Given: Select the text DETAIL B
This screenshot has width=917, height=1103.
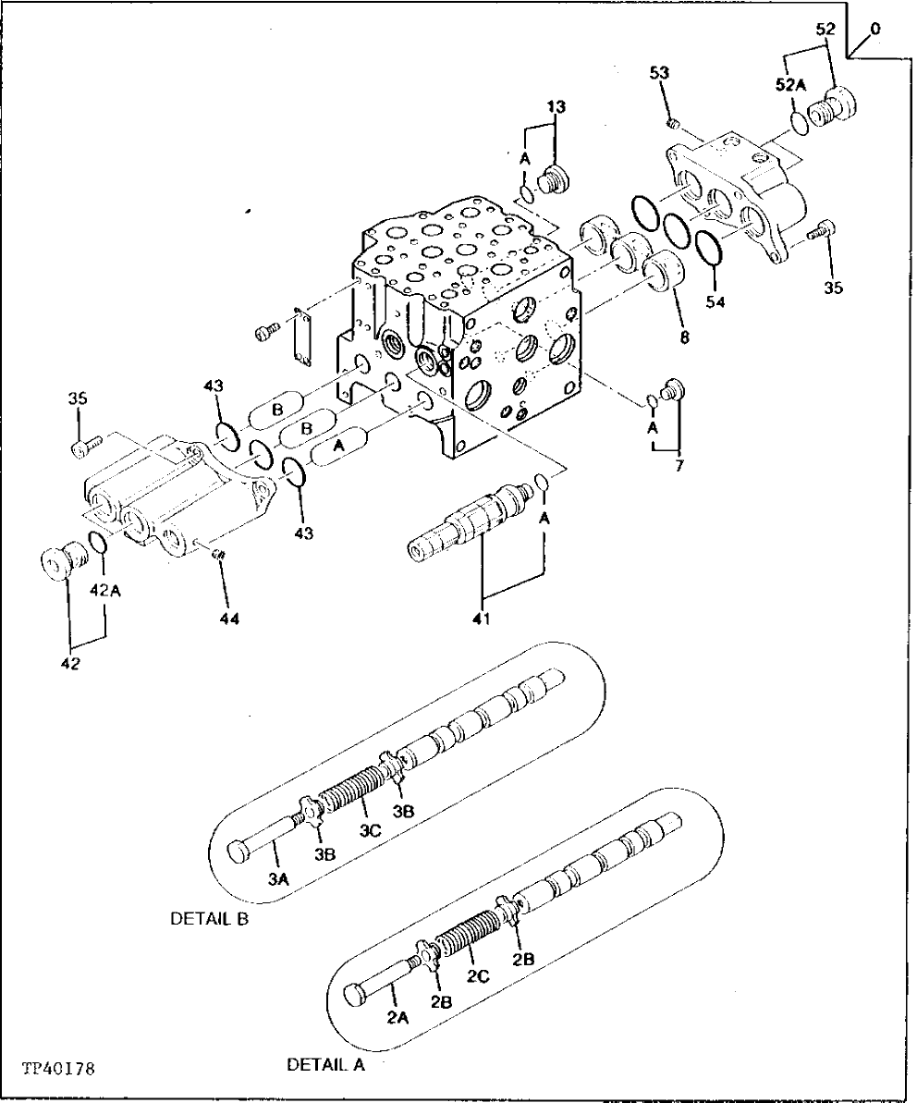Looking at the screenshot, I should pyautogui.click(x=209, y=920).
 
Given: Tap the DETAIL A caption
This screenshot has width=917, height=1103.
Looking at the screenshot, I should pyautogui.click(x=325, y=1064).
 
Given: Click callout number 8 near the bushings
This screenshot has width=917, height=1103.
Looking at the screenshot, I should pyautogui.click(x=684, y=337).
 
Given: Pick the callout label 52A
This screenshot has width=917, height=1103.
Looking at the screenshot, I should pyautogui.click(x=791, y=84).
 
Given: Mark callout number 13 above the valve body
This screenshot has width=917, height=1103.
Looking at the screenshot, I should pyautogui.click(x=555, y=107).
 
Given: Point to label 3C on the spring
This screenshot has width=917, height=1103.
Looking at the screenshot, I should pyautogui.click(x=370, y=831).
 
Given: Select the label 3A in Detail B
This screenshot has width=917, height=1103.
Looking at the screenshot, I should pyautogui.click(x=279, y=881).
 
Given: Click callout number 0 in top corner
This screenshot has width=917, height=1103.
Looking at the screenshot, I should pyautogui.click(x=874, y=29).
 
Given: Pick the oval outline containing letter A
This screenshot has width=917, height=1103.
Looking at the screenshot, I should pyautogui.click(x=338, y=447).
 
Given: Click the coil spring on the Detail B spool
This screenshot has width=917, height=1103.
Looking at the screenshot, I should pyautogui.click(x=352, y=787).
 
